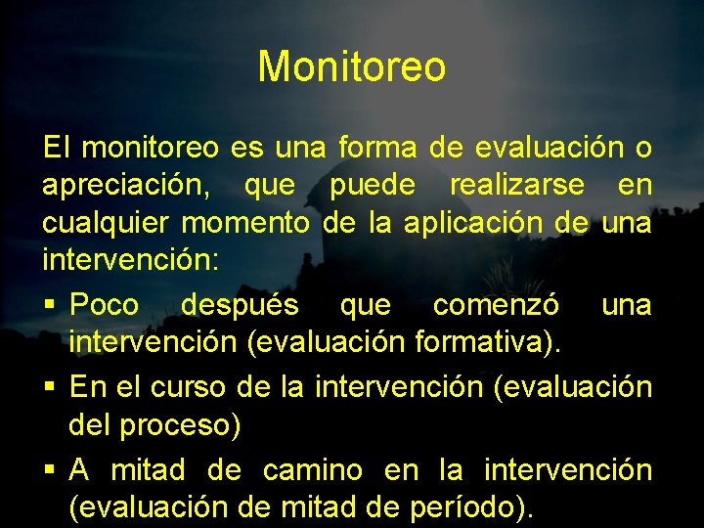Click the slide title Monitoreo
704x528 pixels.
tap(352, 66)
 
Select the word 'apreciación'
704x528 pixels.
tap(125, 186)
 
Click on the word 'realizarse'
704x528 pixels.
tap(517, 185)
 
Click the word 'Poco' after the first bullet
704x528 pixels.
tap(105, 305)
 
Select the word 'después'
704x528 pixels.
tap(240, 305)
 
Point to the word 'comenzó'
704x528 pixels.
tap(497, 305)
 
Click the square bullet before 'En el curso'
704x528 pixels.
tap(49, 387)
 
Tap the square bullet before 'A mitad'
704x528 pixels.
tap(49, 470)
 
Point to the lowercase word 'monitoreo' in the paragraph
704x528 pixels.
tap(151, 149)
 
